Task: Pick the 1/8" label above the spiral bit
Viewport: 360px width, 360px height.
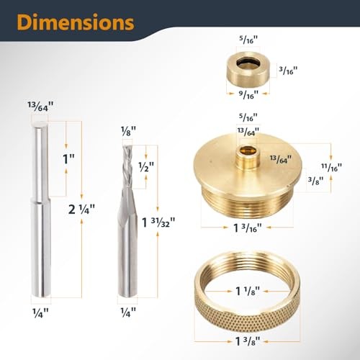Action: (127, 132)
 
